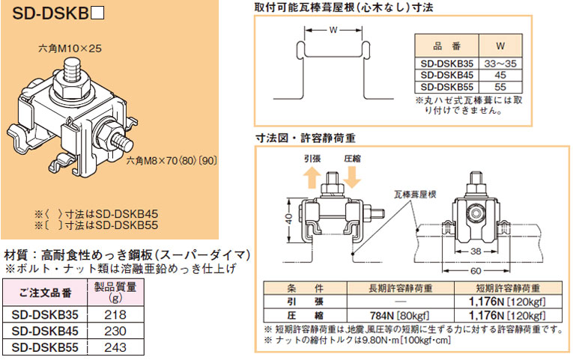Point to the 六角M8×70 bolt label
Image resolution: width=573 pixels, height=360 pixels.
pyautogui.click(x=170, y=159)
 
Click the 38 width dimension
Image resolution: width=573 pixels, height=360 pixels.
pyautogui.click(x=476, y=252)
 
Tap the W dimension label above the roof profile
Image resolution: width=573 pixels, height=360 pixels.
pyautogui.click(x=332, y=31)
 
